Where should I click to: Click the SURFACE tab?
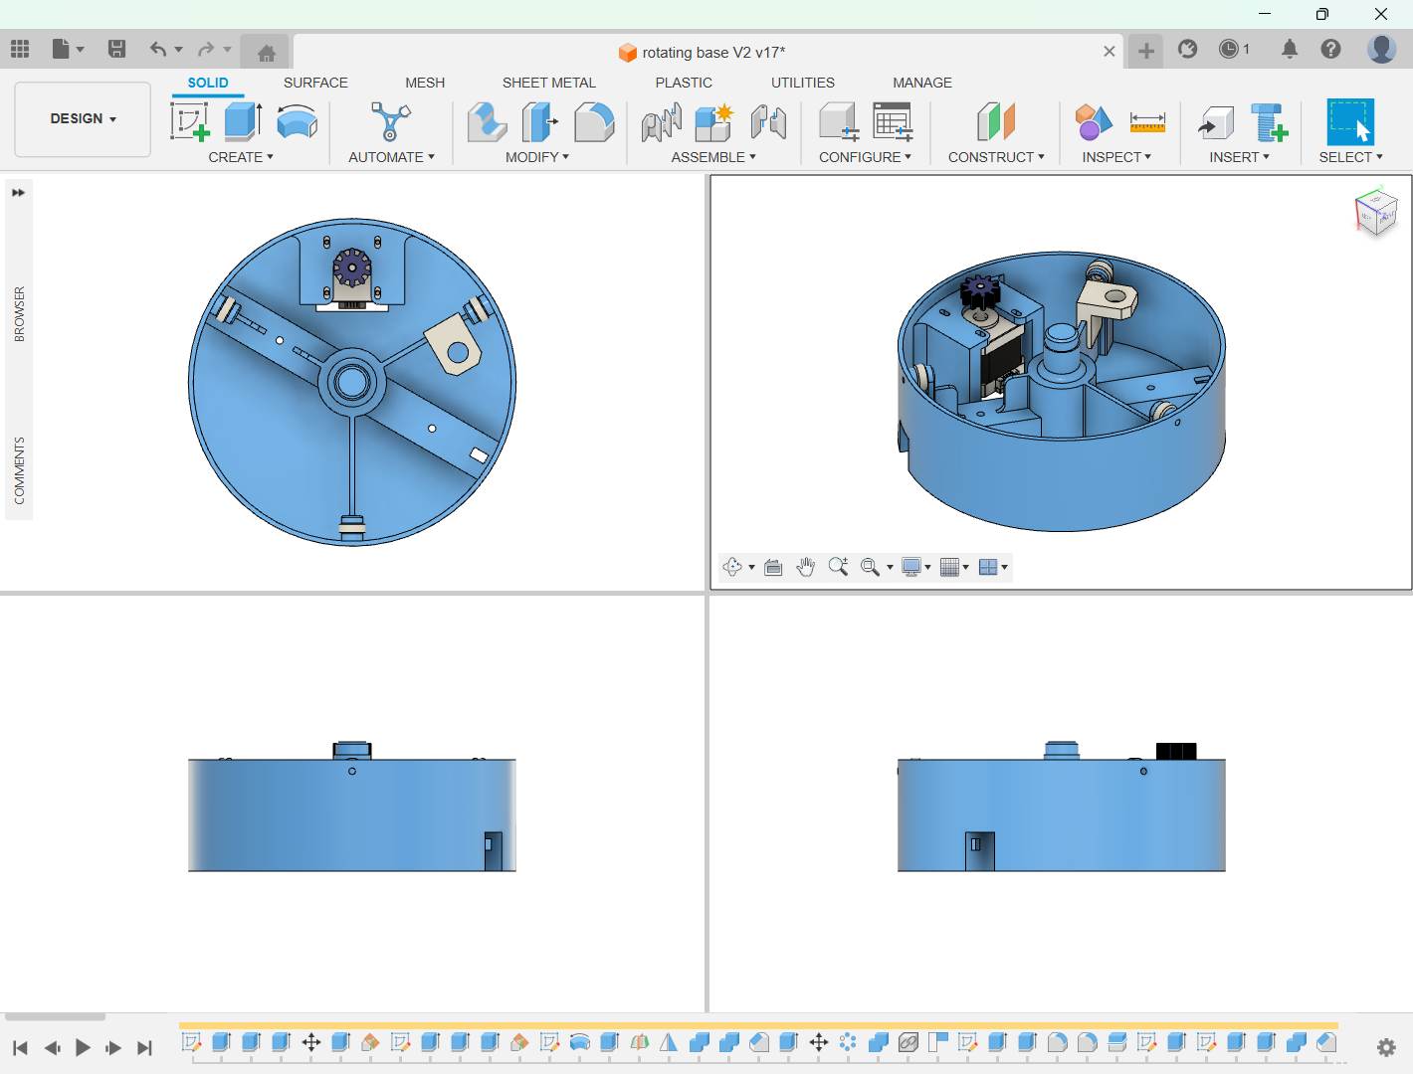[x=315, y=83]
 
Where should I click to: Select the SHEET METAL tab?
[x=548, y=83]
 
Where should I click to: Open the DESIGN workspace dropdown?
[x=83, y=119]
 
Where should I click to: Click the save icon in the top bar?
[x=116, y=49]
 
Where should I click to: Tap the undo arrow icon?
[x=157, y=49]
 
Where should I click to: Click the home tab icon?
[x=267, y=52]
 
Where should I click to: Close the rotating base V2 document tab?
[x=1109, y=52]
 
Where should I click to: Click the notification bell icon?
[x=1290, y=50]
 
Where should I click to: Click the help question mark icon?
[x=1330, y=49]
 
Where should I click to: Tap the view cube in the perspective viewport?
[x=1375, y=212]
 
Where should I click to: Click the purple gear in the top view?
[x=352, y=268]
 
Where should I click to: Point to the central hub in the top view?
[x=351, y=382]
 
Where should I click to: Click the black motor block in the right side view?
[x=1176, y=751]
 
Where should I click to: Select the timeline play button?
[x=83, y=1047]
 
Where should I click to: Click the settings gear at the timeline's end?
[x=1386, y=1047]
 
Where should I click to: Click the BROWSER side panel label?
[x=19, y=314]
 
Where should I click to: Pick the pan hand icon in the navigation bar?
[x=805, y=567]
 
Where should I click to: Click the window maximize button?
[x=1321, y=14]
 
